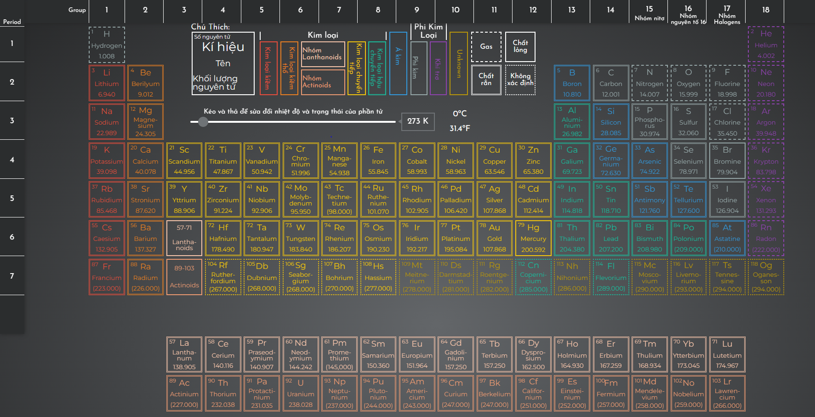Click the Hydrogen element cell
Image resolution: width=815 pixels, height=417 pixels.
click(107, 45)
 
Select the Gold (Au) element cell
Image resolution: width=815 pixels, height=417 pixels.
click(494, 238)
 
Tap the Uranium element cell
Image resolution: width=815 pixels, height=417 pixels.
click(301, 394)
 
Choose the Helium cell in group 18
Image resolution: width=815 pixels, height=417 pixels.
click(766, 45)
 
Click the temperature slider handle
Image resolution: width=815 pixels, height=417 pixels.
click(203, 122)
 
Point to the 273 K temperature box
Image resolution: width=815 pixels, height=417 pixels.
click(417, 121)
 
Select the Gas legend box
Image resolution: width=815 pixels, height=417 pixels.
click(486, 46)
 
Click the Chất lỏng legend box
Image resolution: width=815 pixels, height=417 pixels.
click(520, 46)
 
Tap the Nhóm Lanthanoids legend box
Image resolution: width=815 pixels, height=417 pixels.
click(323, 54)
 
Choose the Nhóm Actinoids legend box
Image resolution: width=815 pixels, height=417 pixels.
click(323, 82)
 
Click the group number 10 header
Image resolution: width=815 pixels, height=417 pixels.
click(455, 10)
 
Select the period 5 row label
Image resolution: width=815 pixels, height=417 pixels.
click(12, 198)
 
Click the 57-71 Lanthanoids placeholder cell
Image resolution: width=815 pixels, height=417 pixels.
click(184, 238)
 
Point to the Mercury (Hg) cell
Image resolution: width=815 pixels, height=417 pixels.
click(533, 238)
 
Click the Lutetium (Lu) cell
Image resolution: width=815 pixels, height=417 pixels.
click(727, 354)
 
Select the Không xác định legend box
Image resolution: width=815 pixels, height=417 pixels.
click(520, 80)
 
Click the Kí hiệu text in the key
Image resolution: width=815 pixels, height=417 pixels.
click(223, 47)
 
